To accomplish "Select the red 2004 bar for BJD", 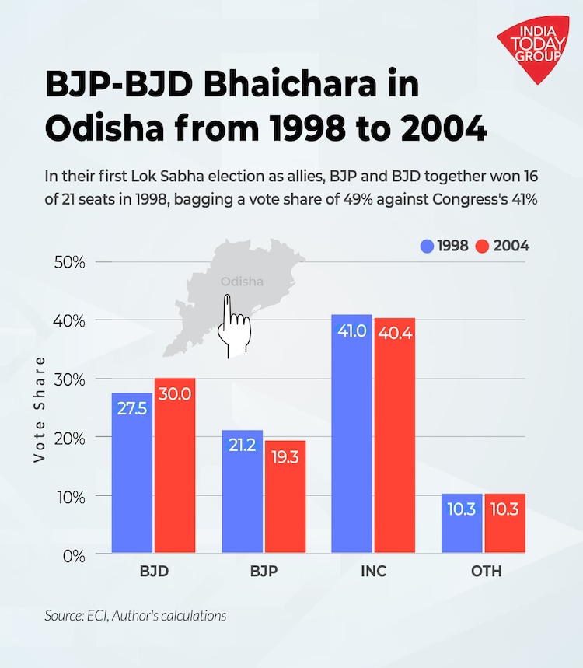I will (x=174, y=467).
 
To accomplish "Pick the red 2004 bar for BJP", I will (x=285, y=497).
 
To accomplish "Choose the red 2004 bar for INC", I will (x=394, y=435).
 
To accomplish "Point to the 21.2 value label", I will (x=243, y=446).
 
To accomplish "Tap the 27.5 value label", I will (x=132, y=408).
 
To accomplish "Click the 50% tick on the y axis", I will (x=69, y=261).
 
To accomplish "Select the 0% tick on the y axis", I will (x=75, y=555).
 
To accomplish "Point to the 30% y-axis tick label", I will (x=69, y=379).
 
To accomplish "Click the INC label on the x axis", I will (x=373, y=572).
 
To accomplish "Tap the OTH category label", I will (x=485, y=572).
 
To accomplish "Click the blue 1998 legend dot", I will (x=425, y=247).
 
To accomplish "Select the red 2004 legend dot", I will (x=482, y=247).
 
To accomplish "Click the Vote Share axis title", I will (x=40, y=410).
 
